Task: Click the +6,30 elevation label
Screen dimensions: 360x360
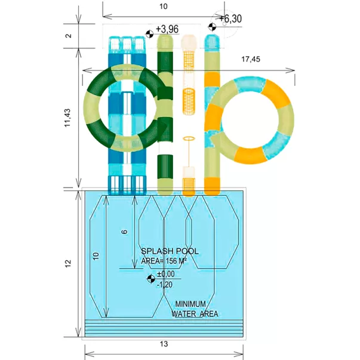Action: point(230,19)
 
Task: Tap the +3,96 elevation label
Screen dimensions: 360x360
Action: point(167,29)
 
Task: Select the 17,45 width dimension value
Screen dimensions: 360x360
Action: point(251,59)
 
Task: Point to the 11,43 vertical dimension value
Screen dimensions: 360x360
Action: point(67,118)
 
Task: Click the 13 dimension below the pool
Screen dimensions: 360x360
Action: point(164,344)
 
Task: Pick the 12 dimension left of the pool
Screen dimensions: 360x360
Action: point(68,263)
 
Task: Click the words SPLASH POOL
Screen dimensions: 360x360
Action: point(170,251)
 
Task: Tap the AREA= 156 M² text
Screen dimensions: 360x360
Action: point(164,261)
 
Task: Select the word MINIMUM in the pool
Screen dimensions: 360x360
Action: point(190,304)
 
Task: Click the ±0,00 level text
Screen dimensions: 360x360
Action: point(166,274)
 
